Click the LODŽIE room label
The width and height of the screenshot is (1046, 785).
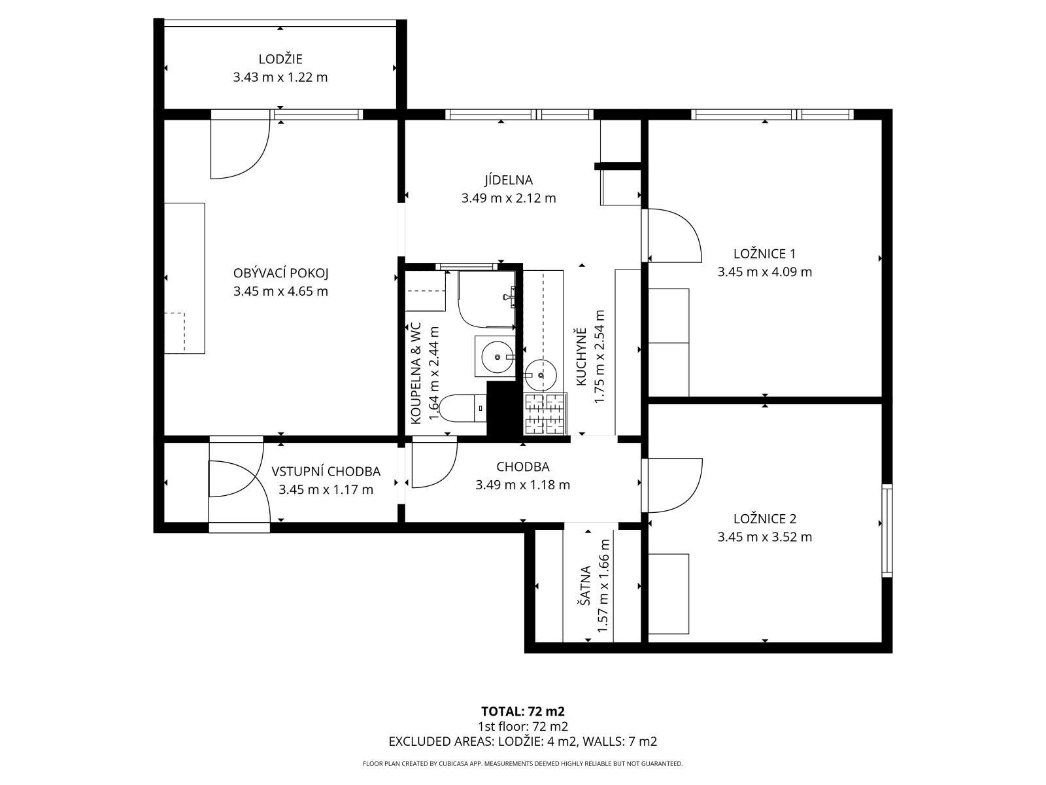pyautogui.click(x=280, y=59)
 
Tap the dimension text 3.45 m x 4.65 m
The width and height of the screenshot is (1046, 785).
pyautogui.click(x=280, y=291)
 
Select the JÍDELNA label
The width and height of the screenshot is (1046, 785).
pyautogui.click(x=509, y=180)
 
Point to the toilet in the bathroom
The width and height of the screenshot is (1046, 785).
pyautogui.click(x=462, y=408)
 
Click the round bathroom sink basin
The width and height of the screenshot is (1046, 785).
pyautogui.click(x=497, y=357)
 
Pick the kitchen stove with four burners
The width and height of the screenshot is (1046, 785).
pyautogui.click(x=545, y=413)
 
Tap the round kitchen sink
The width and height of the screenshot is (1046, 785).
pyautogui.click(x=541, y=375)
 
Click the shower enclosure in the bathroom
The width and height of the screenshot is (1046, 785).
pyautogui.click(x=486, y=299)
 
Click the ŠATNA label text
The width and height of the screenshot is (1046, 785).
pyautogui.click(x=585, y=585)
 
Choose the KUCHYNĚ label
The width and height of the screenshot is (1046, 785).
pyautogui.click(x=581, y=357)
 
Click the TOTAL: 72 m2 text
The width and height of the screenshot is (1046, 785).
pyautogui.click(x=523, y=712)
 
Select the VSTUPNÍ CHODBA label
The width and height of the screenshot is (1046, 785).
pyautogui.click(x=326, y=472)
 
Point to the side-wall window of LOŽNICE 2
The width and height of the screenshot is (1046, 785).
pyautogui.click(x=887, y=531)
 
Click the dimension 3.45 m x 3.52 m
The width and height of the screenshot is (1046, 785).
pyautogui.click(x=765, y=536)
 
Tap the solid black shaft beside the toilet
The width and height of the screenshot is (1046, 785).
pyautogui.click(x=504, y=408)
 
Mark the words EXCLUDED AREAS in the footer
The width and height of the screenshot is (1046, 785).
pyautogui.click(x=441, y=741)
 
